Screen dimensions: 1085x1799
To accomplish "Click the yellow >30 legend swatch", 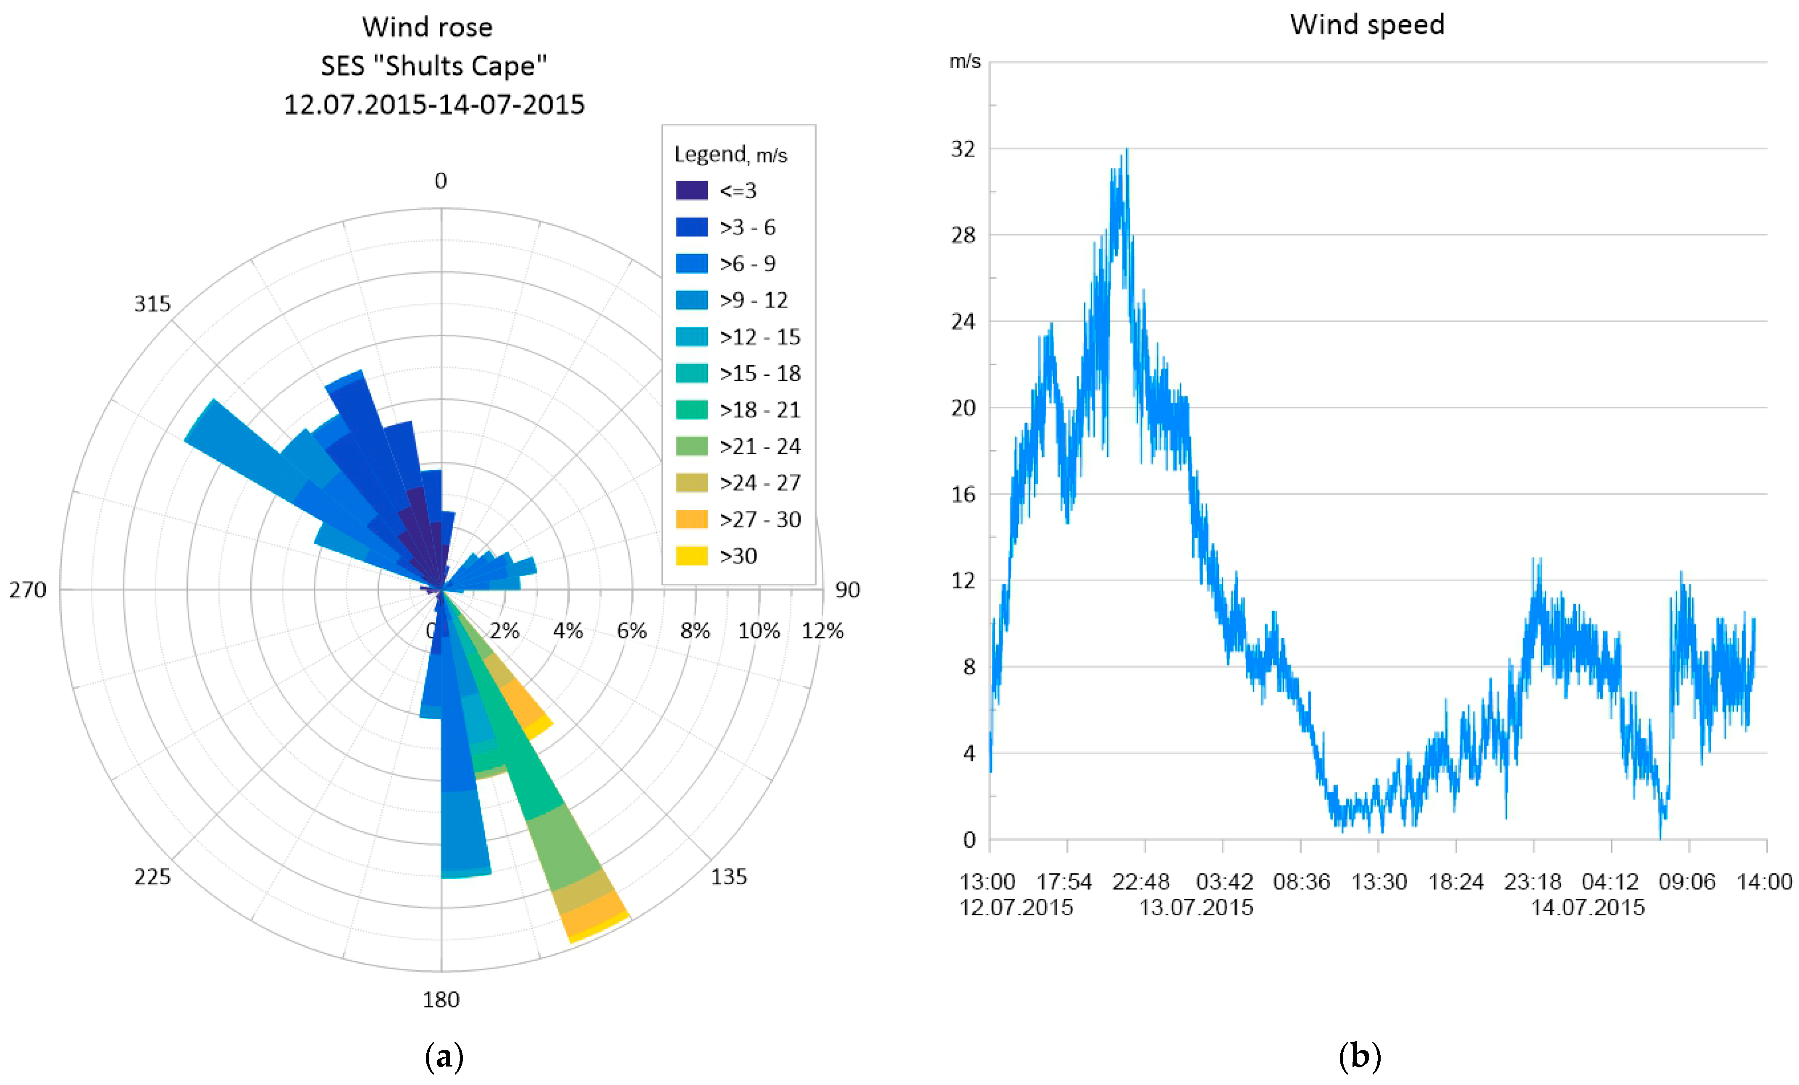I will tap(691, 556).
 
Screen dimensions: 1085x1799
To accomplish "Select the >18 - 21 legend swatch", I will tap(691, 410).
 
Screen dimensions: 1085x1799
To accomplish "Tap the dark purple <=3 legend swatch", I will tap(691, 191).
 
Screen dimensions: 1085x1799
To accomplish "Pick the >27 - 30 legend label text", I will tap(760, 519).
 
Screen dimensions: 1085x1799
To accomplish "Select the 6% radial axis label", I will tap(632, 631).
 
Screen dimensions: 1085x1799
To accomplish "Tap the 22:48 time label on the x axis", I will tap(1140, 882).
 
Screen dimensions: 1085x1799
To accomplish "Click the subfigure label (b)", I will tap(1360, 1056).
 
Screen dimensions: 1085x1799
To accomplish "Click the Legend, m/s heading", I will tap(730, 155).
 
